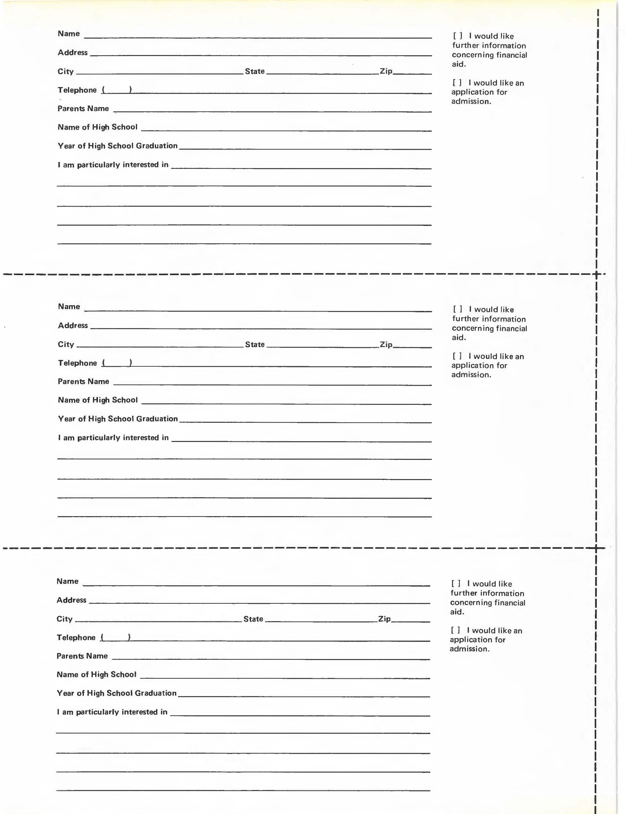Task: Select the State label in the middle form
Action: point(255,344)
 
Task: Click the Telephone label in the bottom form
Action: point(76,637)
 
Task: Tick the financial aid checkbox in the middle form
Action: point(458,309)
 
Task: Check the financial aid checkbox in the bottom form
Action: point(456,584)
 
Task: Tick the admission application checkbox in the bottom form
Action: point(455,630)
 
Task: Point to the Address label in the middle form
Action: point(73,325)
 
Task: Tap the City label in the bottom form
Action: point(64,619)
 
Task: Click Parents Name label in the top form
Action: point(83,109)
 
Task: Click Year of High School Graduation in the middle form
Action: point(118,419)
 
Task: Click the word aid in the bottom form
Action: point(457,612)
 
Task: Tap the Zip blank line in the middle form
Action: point(412,347)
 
